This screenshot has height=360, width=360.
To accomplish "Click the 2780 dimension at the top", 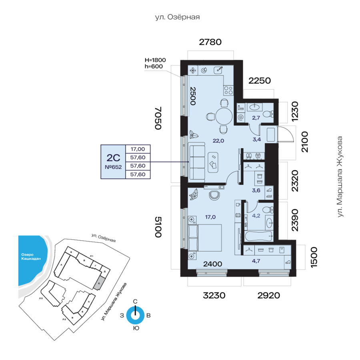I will point(210,42).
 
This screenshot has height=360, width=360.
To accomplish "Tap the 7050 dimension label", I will point(158,118).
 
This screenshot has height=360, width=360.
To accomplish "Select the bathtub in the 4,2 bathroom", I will point(258,235).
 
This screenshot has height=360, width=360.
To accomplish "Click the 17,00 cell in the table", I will point(138,148).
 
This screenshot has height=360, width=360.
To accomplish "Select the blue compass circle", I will point(136,315).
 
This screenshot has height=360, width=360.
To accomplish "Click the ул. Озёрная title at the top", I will point(177,18).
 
